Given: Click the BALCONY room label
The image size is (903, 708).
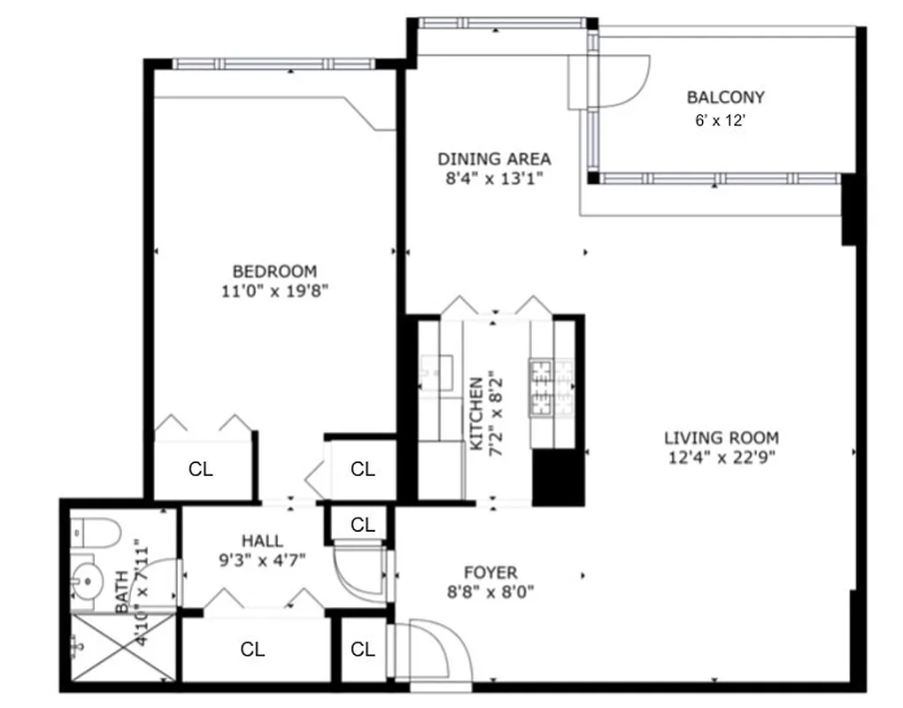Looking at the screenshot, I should click(725, 97).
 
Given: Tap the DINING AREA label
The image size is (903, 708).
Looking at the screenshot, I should click(494, 159).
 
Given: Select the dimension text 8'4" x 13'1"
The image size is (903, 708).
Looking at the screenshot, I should click(494, 178).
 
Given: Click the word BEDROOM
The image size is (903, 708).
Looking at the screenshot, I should click(274, 272).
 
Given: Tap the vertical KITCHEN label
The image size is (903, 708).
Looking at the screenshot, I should click(476, 414).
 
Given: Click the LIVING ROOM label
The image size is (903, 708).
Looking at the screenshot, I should click(722, 437).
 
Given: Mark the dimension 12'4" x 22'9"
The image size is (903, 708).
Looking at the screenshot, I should click(722, 457).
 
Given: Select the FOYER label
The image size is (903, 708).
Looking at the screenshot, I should click(490, 573).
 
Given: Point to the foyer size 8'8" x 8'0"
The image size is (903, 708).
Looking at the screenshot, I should click(490, 591).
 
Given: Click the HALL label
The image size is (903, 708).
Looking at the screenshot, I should click(262, 541).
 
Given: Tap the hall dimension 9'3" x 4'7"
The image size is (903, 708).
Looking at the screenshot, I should click(262, 559).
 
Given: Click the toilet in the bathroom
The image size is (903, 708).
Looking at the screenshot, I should click(96, 533).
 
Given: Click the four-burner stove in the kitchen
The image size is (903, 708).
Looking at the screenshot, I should click(542, 387).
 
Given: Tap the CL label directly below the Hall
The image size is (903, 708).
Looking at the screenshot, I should click(252, 650).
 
